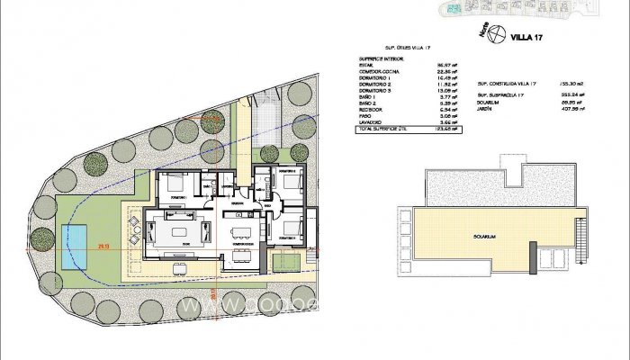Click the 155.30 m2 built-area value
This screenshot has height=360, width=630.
[572, 84]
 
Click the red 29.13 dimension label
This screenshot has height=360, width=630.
[104, 244]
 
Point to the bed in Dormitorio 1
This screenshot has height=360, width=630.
[174, 186]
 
